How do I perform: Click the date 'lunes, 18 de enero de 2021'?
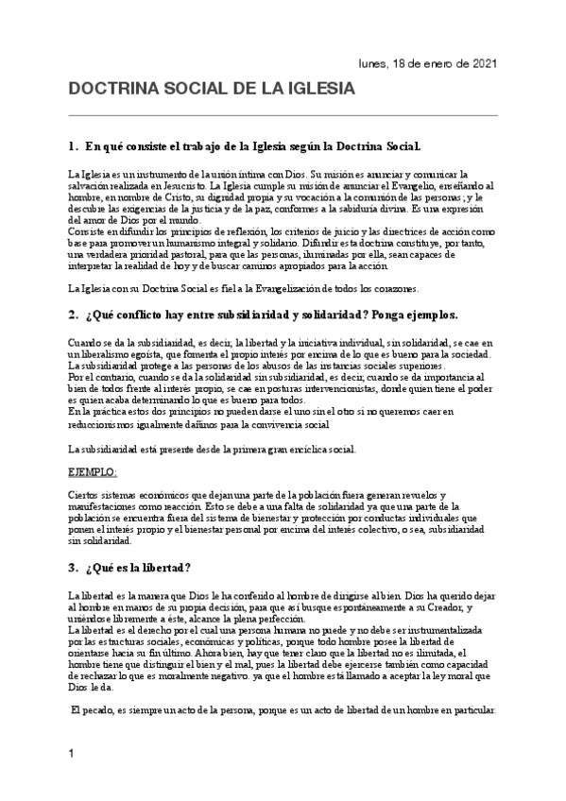(x=428, y=62)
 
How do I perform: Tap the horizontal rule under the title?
(x=283, y=116)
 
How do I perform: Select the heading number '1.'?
(x=74, y=147)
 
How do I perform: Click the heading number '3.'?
(x=74, y=568)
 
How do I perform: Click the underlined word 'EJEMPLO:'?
(x=93, y=470)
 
